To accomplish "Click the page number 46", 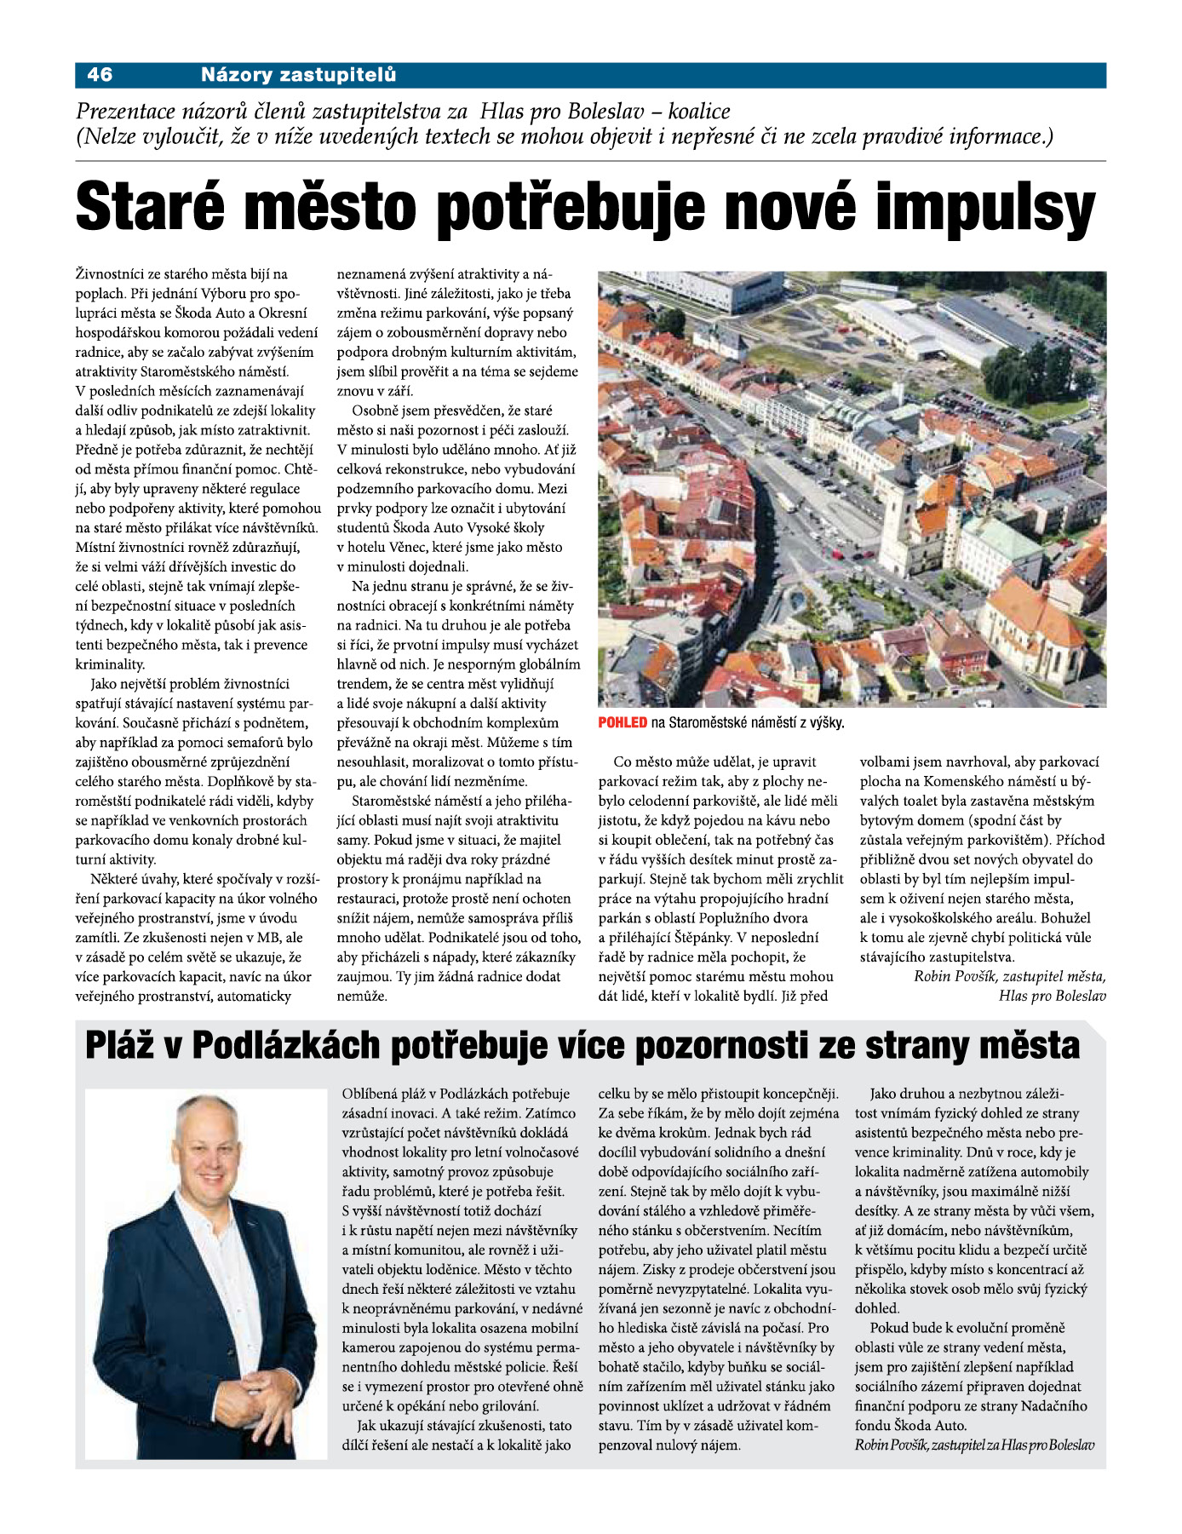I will [x=100, y=75].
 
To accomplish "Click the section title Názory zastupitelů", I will [x=298, y=75].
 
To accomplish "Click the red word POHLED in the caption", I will [x=623, y=723].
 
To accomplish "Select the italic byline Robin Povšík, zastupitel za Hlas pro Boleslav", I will [x=974, y=1445].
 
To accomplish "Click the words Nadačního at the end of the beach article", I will [x=1056, y=1406].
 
